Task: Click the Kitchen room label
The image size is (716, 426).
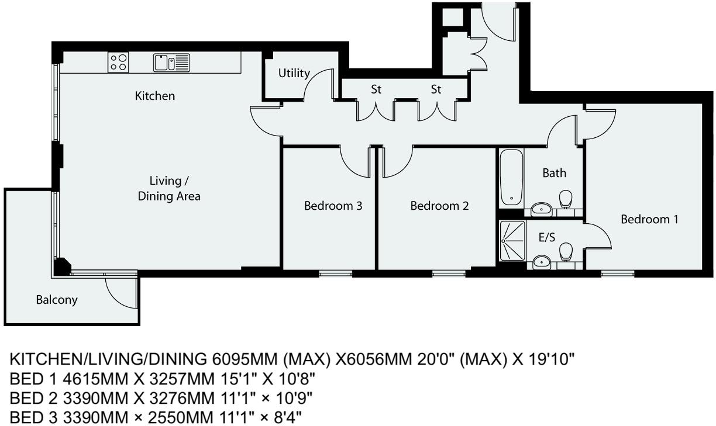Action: click(155, 95)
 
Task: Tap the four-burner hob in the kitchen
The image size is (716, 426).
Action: click(118, 63)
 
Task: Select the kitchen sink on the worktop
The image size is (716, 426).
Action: click(171, 62)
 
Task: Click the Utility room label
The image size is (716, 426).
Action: click(294, 73)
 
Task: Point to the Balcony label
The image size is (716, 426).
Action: click(57, 300)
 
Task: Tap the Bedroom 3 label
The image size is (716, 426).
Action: click(333, 206)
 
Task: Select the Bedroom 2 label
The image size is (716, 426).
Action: click(439, 206)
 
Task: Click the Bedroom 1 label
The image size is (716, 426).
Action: click(649, 219)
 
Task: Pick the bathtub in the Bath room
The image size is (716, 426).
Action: click(511, 177)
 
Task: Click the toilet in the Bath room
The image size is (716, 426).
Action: click(565, 199)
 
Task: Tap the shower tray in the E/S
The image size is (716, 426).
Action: click(513, 240)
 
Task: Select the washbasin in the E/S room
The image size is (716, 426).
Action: click(542, 261)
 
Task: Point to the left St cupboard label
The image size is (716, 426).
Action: click(376, 89)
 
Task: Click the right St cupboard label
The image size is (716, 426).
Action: click(436, 89)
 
